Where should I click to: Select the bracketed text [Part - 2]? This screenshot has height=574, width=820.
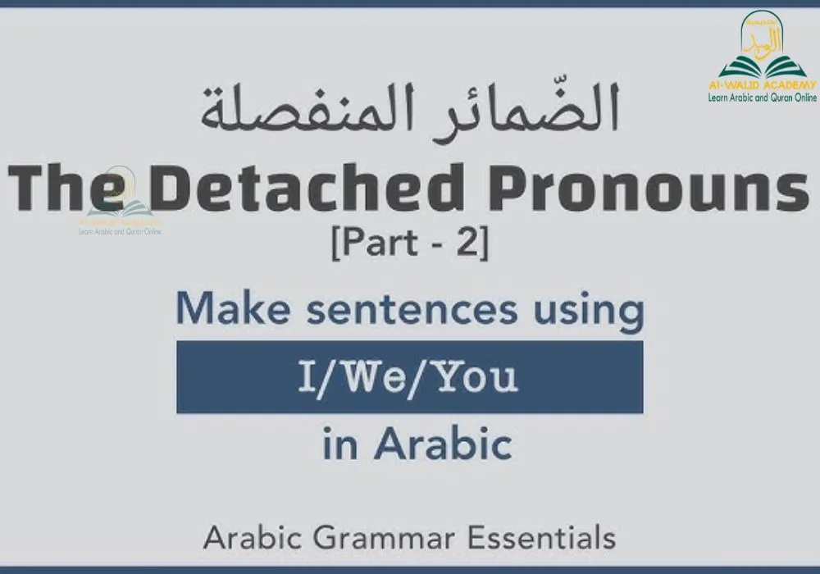[x=409, y=245]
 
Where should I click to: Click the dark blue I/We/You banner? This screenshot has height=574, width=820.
[x=409, y=377]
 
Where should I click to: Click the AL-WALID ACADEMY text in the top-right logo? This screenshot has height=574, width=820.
[x=763, y=85]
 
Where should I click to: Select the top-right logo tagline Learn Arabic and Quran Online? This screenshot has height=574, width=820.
[x=763, y=98]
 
